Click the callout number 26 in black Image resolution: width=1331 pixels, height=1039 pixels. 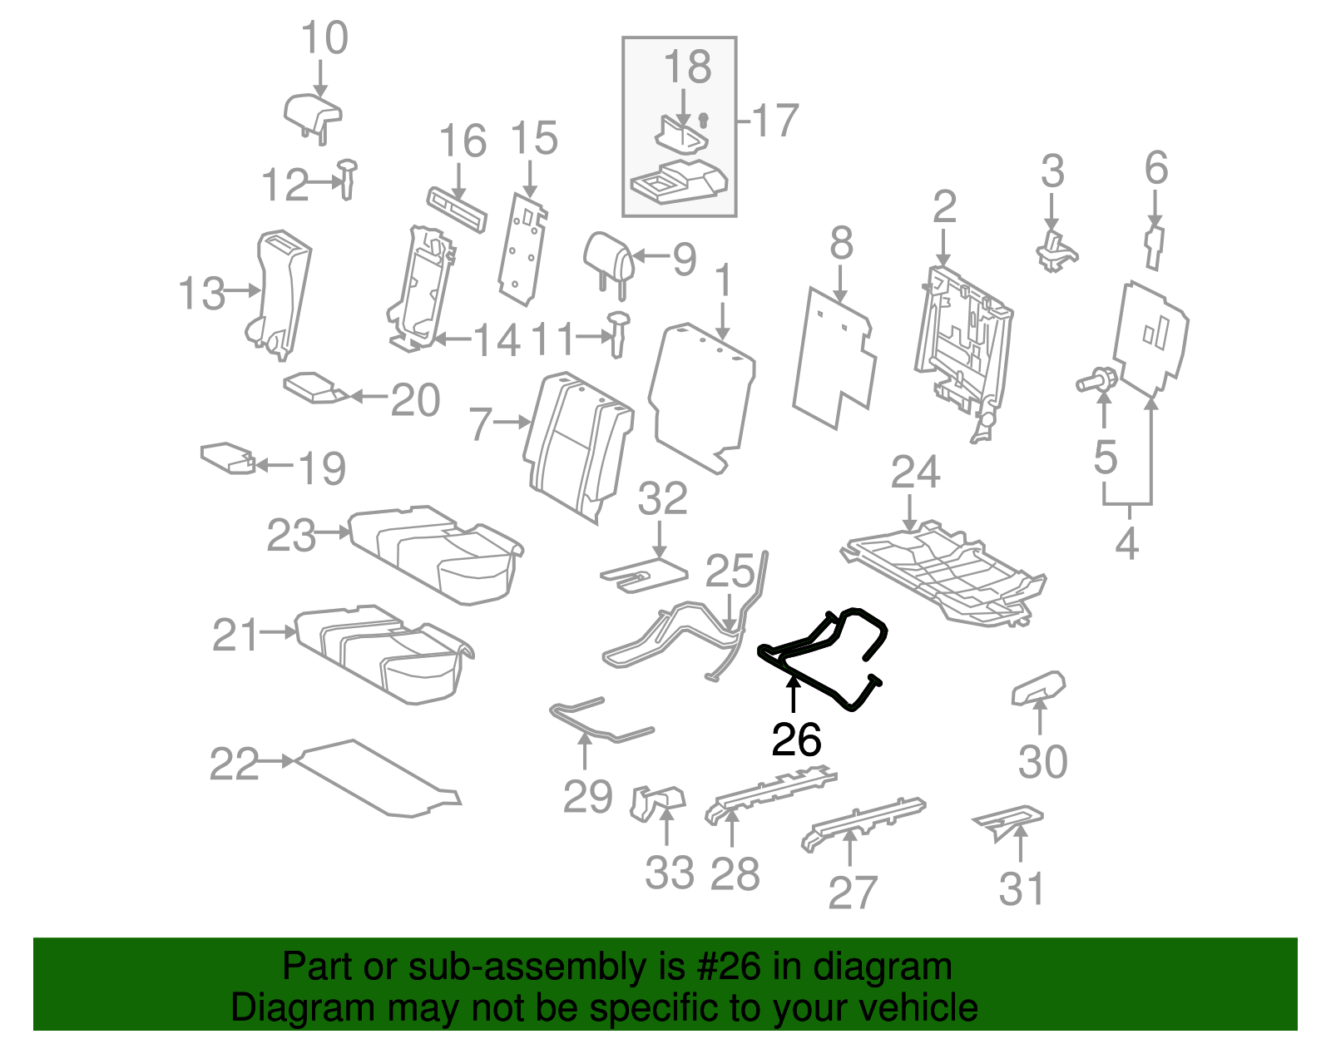point(796,740)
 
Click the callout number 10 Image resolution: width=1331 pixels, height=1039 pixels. point(324,38)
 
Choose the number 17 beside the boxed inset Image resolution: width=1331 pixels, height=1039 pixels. point(774,121)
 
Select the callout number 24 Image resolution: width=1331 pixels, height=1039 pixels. point(915,472)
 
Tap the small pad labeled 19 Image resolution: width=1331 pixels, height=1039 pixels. point(227,457)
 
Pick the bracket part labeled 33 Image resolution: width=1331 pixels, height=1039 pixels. point(657,802)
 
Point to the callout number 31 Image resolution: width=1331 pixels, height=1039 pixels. point(1021,888)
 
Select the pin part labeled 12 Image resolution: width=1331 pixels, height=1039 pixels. point(348,178)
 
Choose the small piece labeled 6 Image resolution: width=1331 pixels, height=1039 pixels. point(1155,246)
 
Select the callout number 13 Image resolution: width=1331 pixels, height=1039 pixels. point(201,294)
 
